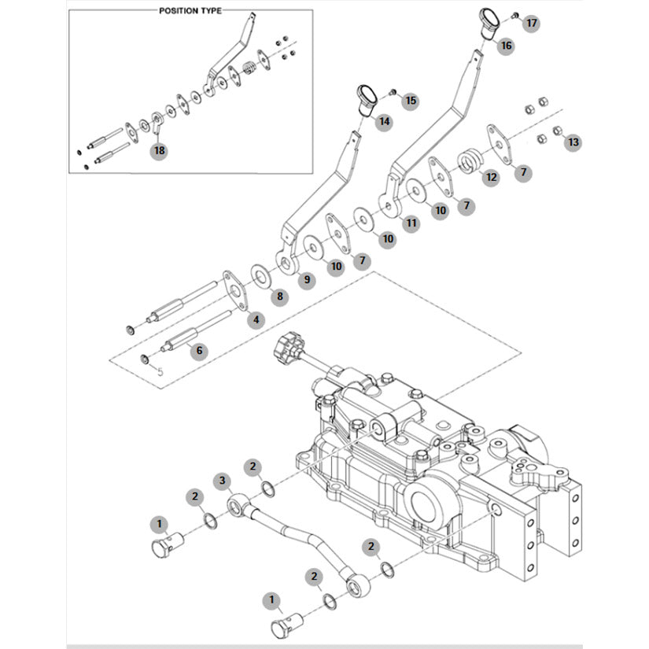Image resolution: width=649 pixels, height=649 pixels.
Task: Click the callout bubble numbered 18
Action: pos(160,150)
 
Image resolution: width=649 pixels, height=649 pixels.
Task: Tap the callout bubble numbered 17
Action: pos(532,23)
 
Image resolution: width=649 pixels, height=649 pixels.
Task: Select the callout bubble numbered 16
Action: pos(506,46)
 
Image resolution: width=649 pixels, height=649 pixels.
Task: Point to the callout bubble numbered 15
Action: pos(410,101)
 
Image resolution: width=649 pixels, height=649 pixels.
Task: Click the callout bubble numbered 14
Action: pos(384,122)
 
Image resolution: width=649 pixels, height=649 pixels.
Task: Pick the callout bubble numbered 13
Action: pos(573,142)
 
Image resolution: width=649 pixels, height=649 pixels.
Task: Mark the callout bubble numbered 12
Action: pos(492,177)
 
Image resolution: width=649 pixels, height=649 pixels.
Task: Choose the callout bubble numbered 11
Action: pos(410,224)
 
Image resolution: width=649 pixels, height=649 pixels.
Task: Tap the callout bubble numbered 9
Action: pos(305,278)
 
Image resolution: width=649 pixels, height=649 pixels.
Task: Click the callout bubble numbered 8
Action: pos(278,296)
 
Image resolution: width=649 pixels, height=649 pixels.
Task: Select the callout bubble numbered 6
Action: pos(199,351)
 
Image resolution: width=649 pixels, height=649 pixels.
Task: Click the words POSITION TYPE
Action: pos(190,11)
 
